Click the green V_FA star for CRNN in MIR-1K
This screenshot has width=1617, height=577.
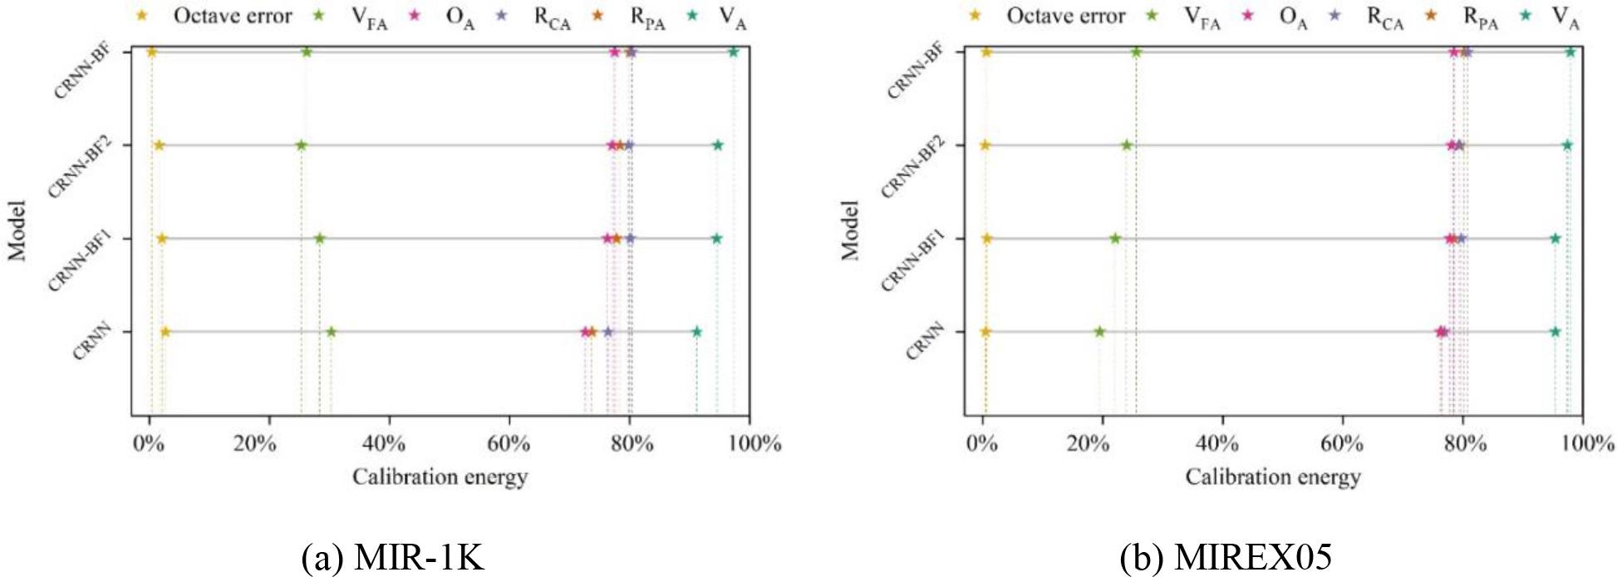point(331,332)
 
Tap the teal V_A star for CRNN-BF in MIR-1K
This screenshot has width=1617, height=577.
point(734,52)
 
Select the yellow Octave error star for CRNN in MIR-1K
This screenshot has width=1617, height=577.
point(165,332)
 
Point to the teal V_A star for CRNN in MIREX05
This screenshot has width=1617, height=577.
point(1556,332)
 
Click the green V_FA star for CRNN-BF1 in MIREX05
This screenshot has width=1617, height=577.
point(1115,239)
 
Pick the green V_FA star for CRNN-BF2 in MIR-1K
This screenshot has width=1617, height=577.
point(302,145)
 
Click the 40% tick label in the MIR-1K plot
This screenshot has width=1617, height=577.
point(384,443)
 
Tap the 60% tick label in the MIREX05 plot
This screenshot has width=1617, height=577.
point(1342,443)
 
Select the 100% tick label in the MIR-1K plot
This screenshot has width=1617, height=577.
point(754,443)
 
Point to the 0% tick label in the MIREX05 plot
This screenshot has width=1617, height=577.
point(982,443)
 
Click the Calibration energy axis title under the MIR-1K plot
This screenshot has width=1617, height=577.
point(440,477)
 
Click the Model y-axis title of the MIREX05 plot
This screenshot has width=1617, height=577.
point(849,229)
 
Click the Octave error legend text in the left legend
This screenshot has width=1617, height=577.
point(233,16)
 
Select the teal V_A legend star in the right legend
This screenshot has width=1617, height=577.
point(1526,15)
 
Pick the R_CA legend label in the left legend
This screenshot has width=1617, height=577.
point(552,17)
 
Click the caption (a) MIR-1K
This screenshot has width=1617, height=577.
point(392,556)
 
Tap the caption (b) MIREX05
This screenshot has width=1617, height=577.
point(1225,556)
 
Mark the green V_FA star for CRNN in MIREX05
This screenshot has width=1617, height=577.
point(1099,332)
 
